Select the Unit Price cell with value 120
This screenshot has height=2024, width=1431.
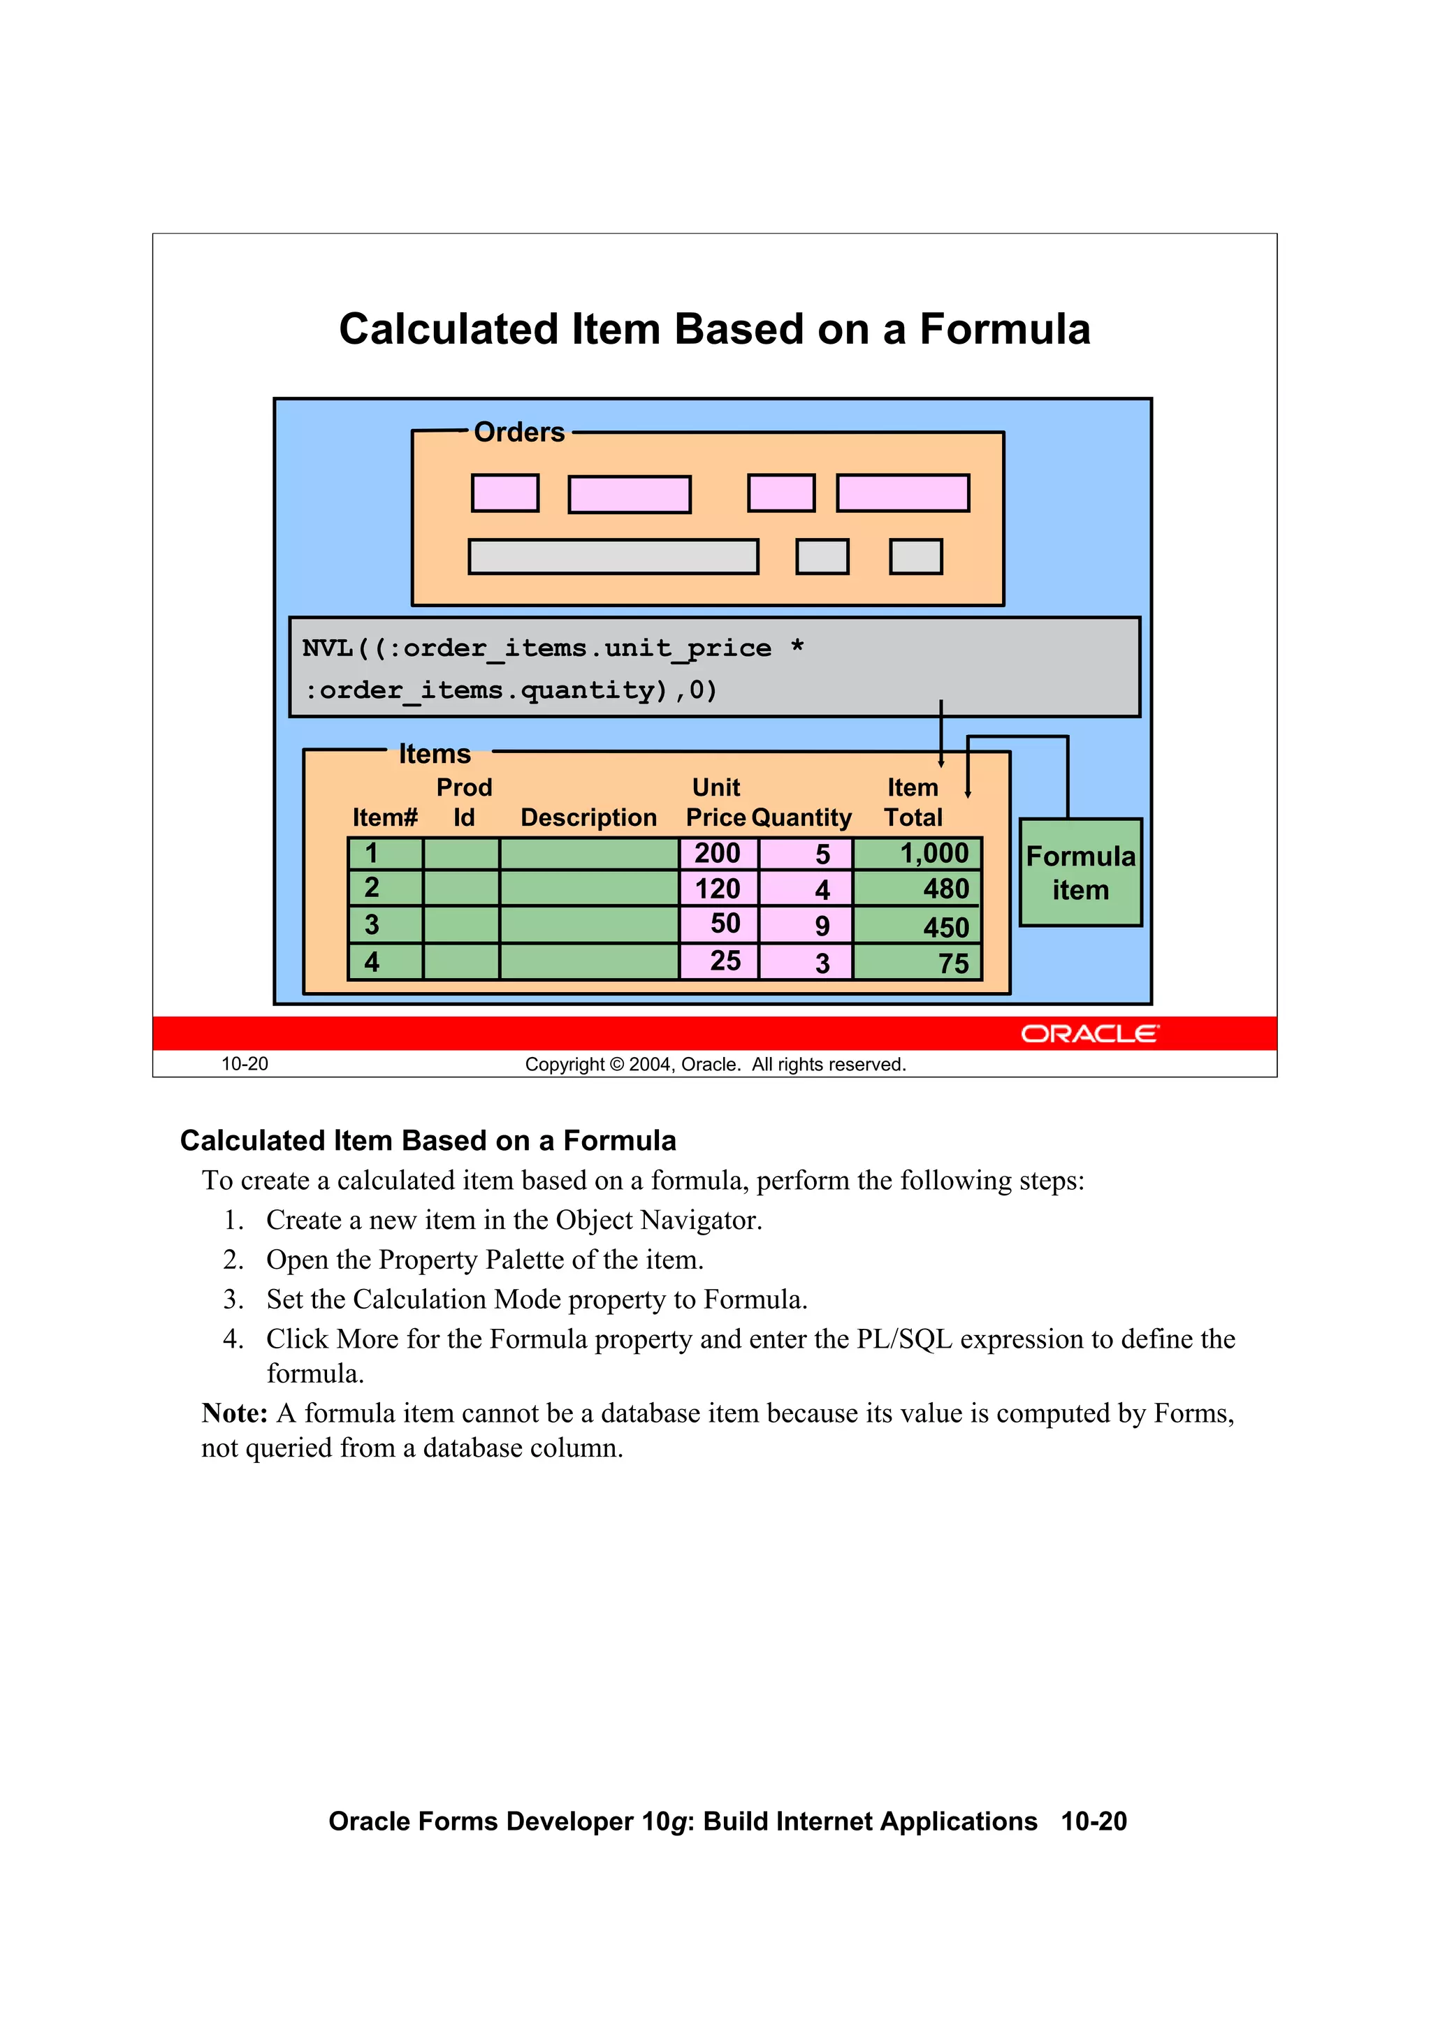pos(718,889)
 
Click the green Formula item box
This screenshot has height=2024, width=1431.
pos(1080,873)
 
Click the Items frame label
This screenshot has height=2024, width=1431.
pos(435,754)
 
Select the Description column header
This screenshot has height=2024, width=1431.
pos(588,817)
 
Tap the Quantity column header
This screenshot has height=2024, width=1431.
pos(801,817)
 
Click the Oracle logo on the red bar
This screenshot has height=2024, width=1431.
pos(1090,1033)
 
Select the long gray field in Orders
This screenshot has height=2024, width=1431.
pos(613,557)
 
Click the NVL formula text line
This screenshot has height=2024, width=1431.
pos(553,649)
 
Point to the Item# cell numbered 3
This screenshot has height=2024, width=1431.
pos(385,925)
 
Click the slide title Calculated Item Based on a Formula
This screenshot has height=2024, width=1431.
pos(714,329)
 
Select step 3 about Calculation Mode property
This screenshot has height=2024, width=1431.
pos(536,1299)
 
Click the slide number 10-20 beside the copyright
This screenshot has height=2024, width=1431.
pos(245,1064)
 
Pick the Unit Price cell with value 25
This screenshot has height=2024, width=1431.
pos(718,961)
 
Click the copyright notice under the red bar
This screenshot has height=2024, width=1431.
pos(715,1064)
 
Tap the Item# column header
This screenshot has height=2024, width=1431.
pos(384,817)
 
